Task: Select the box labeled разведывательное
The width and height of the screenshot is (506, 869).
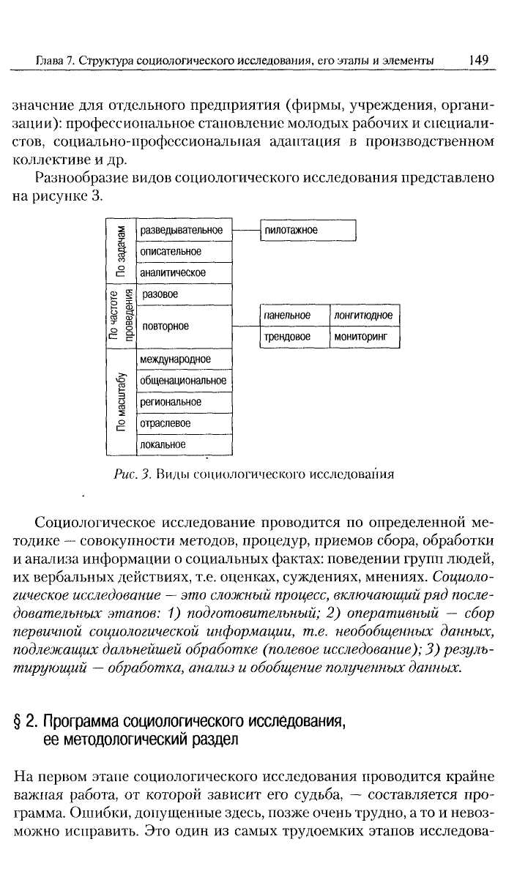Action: click(184, 230)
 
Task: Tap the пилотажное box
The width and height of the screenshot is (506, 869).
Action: click(308, 230)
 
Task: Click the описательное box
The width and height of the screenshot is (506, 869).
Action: click(184, 251)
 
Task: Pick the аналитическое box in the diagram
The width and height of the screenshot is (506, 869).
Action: click(184, 273)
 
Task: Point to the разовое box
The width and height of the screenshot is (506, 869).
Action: click(184, 294)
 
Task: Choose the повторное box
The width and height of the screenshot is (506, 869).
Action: click(184, 327)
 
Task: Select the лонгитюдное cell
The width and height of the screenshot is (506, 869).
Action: click(364, 316)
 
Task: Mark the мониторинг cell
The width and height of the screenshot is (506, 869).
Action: click(364, 337)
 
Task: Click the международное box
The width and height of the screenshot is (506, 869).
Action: click(184, 359)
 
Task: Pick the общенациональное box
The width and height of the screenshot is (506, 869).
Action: click(184, 381)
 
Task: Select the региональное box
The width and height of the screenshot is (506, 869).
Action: click(184, 402)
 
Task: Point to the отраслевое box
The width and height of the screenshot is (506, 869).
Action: click(184, 423)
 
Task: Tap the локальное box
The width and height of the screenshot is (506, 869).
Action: click(184, 444)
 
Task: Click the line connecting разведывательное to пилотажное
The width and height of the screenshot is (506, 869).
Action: click(246, 229)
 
